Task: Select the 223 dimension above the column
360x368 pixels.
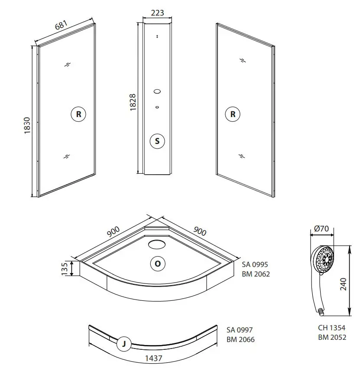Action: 157,13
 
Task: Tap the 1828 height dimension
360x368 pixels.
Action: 133,102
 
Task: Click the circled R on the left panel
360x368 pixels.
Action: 78,114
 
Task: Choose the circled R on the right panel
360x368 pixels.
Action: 233,114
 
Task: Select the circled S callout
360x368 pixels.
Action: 157,141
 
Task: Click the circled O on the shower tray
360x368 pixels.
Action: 157,263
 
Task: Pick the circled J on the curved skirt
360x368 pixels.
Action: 124,344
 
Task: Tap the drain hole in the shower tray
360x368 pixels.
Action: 156,244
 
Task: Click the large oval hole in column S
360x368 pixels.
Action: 157,91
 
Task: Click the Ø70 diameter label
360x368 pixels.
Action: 322,228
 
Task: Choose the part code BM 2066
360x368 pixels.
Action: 240,339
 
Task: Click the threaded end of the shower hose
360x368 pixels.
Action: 321,311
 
